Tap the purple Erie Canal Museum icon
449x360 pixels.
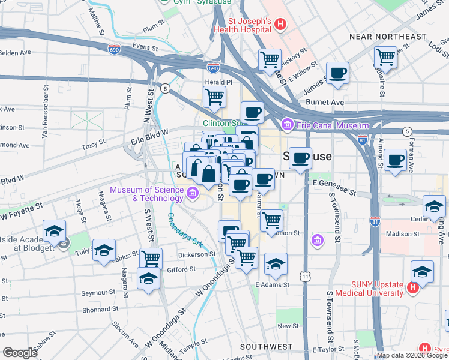(x=286, y=125)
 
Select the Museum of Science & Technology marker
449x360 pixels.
(x=191, y=193)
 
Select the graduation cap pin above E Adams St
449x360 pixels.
(x=276, y=264)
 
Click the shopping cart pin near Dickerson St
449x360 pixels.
(x=151, y=259)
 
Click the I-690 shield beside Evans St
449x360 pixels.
(x=114, y=47)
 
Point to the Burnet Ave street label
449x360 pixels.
(x=325, y=103)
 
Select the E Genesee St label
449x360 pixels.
(x=334, y=188)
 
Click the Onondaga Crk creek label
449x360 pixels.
(x=185, y=230)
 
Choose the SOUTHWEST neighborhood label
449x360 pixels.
(x=266, y=347)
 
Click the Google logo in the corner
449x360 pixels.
(x=20, y=353)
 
